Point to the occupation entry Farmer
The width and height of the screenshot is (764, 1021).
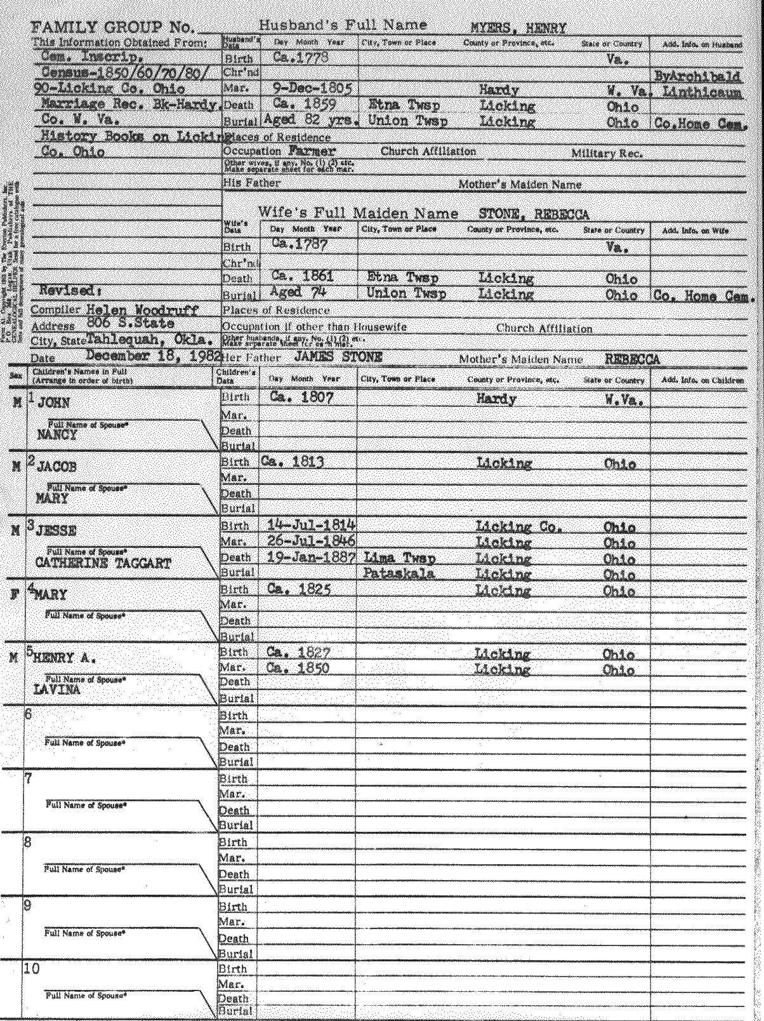coord(312,151)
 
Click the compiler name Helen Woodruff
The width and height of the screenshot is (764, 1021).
coord(142,310)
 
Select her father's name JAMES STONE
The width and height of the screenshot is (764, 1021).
coord(338,357)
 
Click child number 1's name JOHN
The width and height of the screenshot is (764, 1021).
coord(54,403)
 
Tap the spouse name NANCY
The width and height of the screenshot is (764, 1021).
coord(57,435)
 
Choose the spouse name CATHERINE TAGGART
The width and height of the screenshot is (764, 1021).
coord(103,563)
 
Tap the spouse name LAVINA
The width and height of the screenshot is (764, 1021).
coord(58,690)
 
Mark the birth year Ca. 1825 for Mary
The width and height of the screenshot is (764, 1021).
coord(299,589)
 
